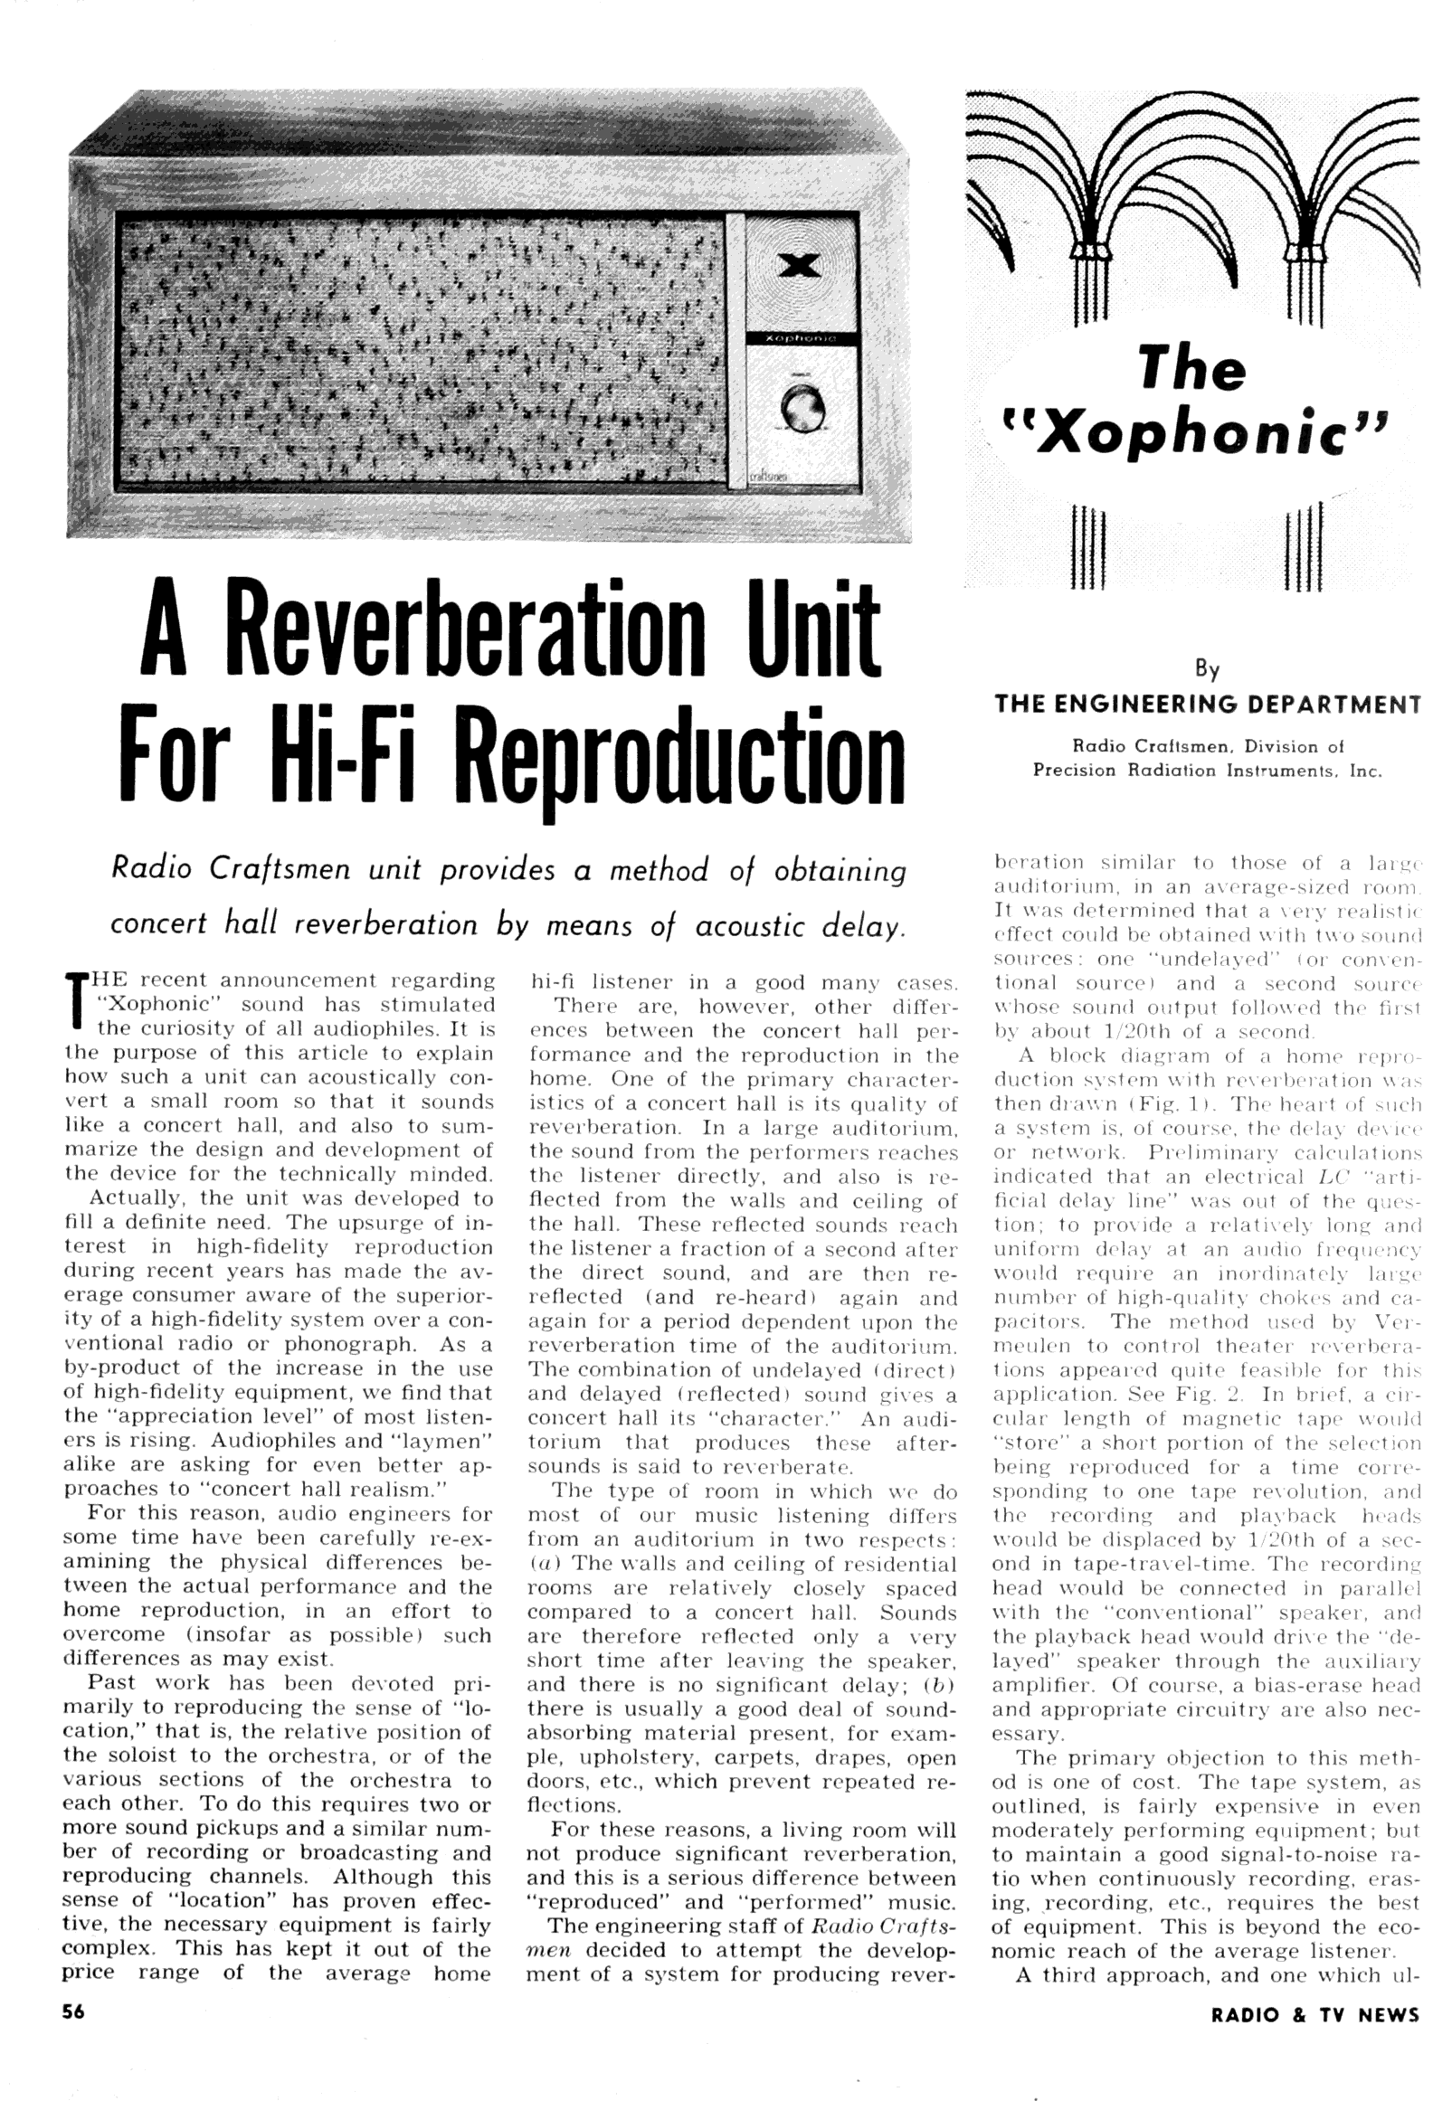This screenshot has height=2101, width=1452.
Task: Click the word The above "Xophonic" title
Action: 1191,368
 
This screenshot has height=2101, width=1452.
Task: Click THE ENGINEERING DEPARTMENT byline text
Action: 1207,703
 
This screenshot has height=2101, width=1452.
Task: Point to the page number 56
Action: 73,2011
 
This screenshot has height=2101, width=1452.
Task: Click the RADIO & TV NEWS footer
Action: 1314,2013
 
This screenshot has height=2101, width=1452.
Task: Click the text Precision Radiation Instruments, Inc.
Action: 1206,771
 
